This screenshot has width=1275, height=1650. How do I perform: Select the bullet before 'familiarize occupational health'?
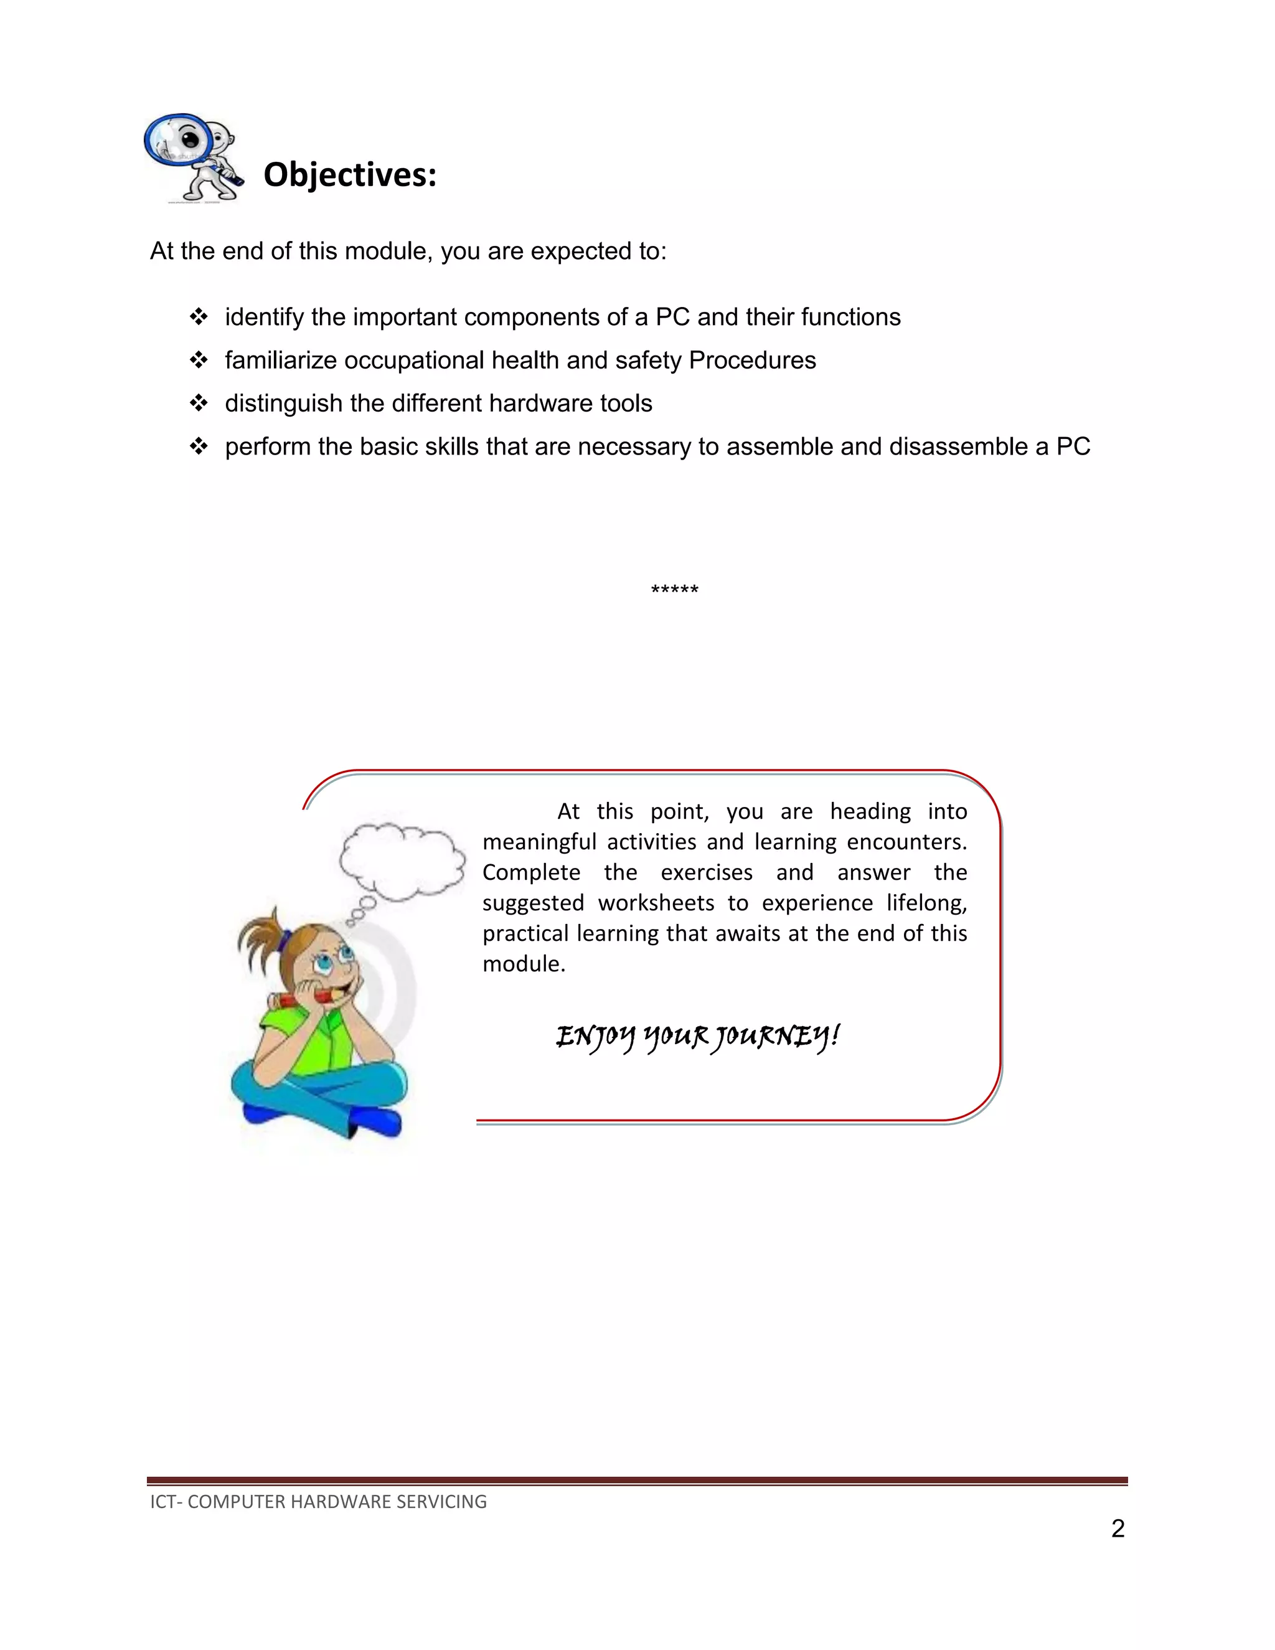pyautogui.click(x=199, y=360)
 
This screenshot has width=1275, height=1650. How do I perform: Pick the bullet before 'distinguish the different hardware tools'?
pyautogui.click(x=199, y=403)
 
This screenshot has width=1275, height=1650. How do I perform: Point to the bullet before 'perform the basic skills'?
pyautogui.click(x=199, y=446)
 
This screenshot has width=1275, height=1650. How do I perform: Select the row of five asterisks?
pyautogui.click(x=674, y=589)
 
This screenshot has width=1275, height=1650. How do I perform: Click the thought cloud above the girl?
pyautogui.click(x=401, y=861)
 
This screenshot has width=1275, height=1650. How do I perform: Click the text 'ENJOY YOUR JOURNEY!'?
pyautogui.click(x=697, y=1036)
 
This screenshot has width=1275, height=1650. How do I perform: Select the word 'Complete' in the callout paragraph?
pyautogui.click(x=531, y=872)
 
